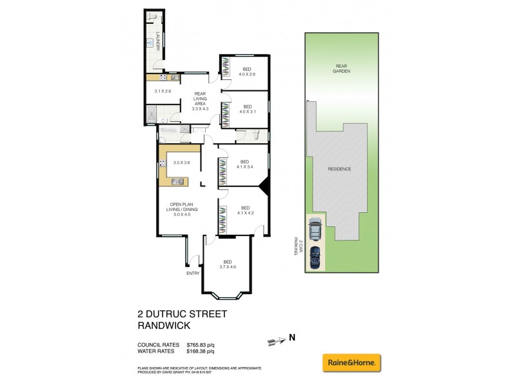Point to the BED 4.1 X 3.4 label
244,164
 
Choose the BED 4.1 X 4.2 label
244,210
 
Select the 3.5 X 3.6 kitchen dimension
183,163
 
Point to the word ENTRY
193,273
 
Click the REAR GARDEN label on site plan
341,68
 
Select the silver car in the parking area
315,229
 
